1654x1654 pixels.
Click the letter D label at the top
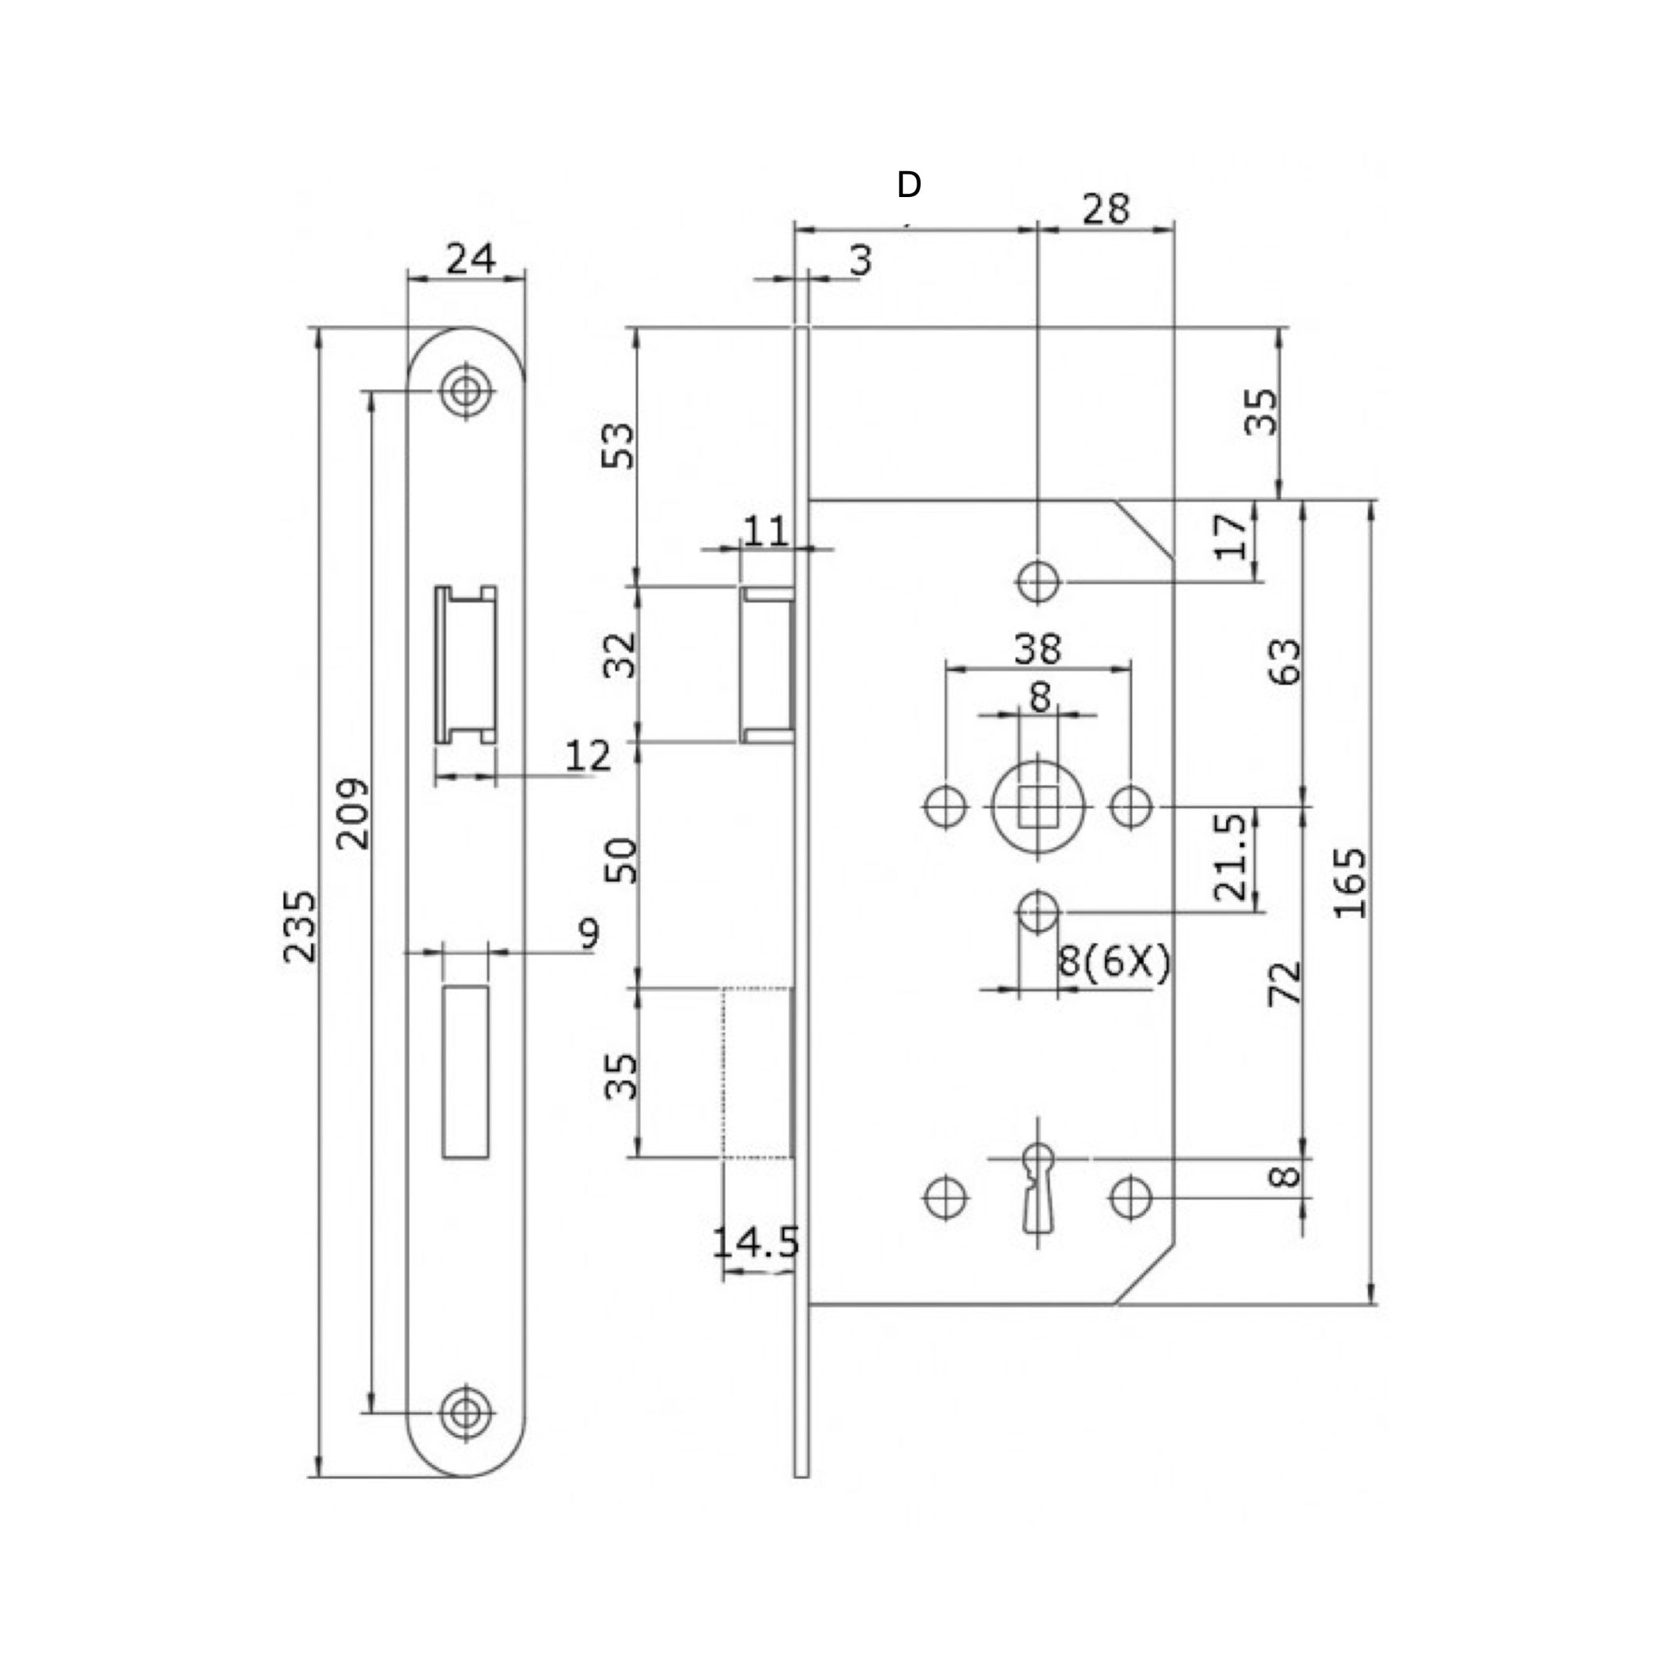909,184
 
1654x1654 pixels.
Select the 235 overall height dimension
300,926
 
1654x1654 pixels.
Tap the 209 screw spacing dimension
353,813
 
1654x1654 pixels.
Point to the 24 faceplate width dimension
470,258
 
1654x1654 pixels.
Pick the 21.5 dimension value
1230,857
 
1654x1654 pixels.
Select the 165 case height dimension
1350,884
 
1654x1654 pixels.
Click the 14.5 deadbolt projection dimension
756,1242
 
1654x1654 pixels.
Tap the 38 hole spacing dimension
1038,649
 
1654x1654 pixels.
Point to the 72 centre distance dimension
1284,983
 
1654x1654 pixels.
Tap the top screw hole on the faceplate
466,391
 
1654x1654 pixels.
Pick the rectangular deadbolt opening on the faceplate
466,1072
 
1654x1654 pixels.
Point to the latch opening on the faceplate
466,665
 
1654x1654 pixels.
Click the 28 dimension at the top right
1106,209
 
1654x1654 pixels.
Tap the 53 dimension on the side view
619,445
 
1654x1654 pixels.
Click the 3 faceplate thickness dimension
860,260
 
